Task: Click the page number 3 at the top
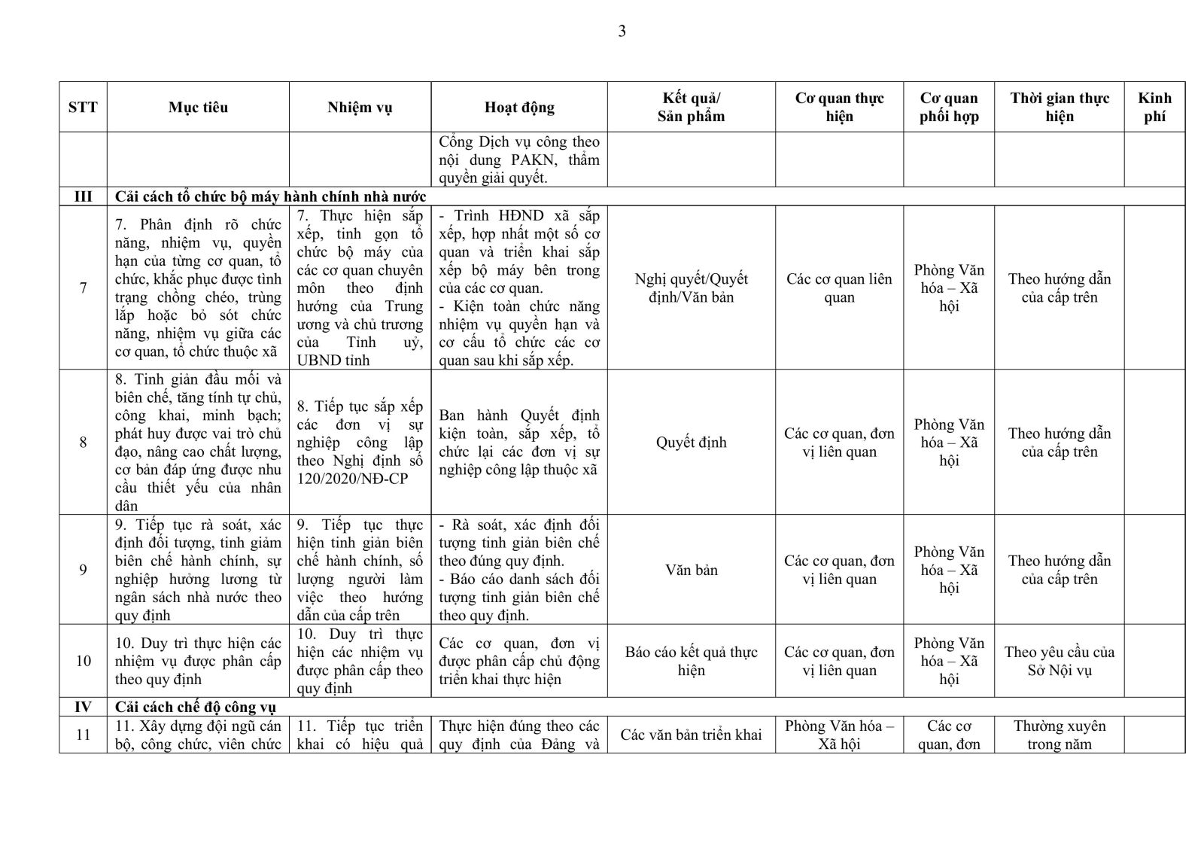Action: (622, 32)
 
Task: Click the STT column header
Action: (83, 107)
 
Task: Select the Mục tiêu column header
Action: (198, 107)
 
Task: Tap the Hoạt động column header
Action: (519, 107)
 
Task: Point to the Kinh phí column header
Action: (1154, 107)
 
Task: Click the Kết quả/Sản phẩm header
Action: (691, 107)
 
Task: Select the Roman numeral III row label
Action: (83, 196)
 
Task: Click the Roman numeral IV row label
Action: (83, 707)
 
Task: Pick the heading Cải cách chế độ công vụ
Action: (196, 707)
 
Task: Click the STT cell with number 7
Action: (83, 288)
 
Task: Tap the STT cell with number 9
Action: (83, 570)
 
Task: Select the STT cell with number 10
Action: (83, 661)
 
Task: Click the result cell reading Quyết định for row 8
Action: (691, 443)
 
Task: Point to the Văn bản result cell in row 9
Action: (691, 570)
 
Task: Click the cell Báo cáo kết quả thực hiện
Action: (691, 661)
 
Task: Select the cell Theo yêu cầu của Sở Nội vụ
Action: (1059, 661)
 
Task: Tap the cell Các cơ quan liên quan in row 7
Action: (839, 288)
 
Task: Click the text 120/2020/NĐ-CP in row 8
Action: (352, 479)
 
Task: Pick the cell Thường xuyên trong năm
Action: (1059, 735)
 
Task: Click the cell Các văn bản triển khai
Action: (691, 735)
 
